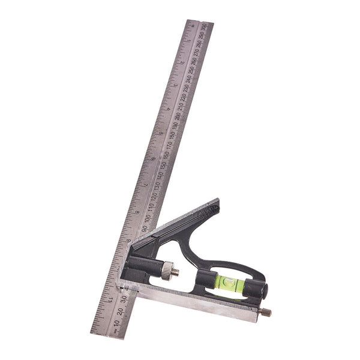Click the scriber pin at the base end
point(265,313)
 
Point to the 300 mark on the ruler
point(205,27)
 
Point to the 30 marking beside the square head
point(123,295)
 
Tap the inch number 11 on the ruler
point(110,295)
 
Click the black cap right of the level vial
point(260,291)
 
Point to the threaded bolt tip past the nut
point(176,272)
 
